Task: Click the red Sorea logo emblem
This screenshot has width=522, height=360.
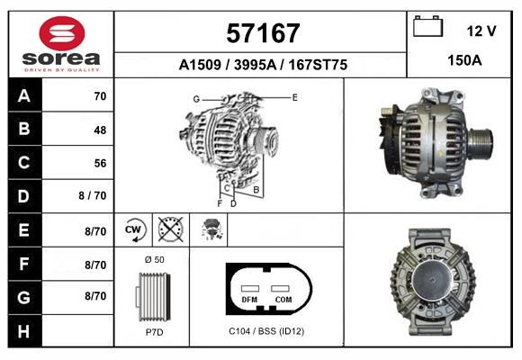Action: pyautogui.click(x=62, y=33)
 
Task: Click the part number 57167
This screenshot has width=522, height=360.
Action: pyautogui.click(x=263, y=33)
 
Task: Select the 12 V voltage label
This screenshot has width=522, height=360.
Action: pyautogui.click(x=481, y=31)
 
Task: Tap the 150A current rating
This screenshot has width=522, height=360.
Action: pyautogui.click(x=464, y=60)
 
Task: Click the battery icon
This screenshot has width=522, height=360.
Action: pyautogui.click(x=427, y=26)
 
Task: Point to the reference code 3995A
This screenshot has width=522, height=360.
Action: pyautogui.click(x=255, y=65)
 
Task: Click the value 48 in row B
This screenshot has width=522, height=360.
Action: pyautogui.click(x=100, y=130)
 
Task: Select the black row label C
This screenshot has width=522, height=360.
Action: pyautogui.click(x=24, y=163)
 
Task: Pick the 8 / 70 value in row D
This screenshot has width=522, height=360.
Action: pyautogui.click(x=93, y=195)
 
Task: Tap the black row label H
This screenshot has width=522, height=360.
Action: pyautogui.click(x=24, y=331)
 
